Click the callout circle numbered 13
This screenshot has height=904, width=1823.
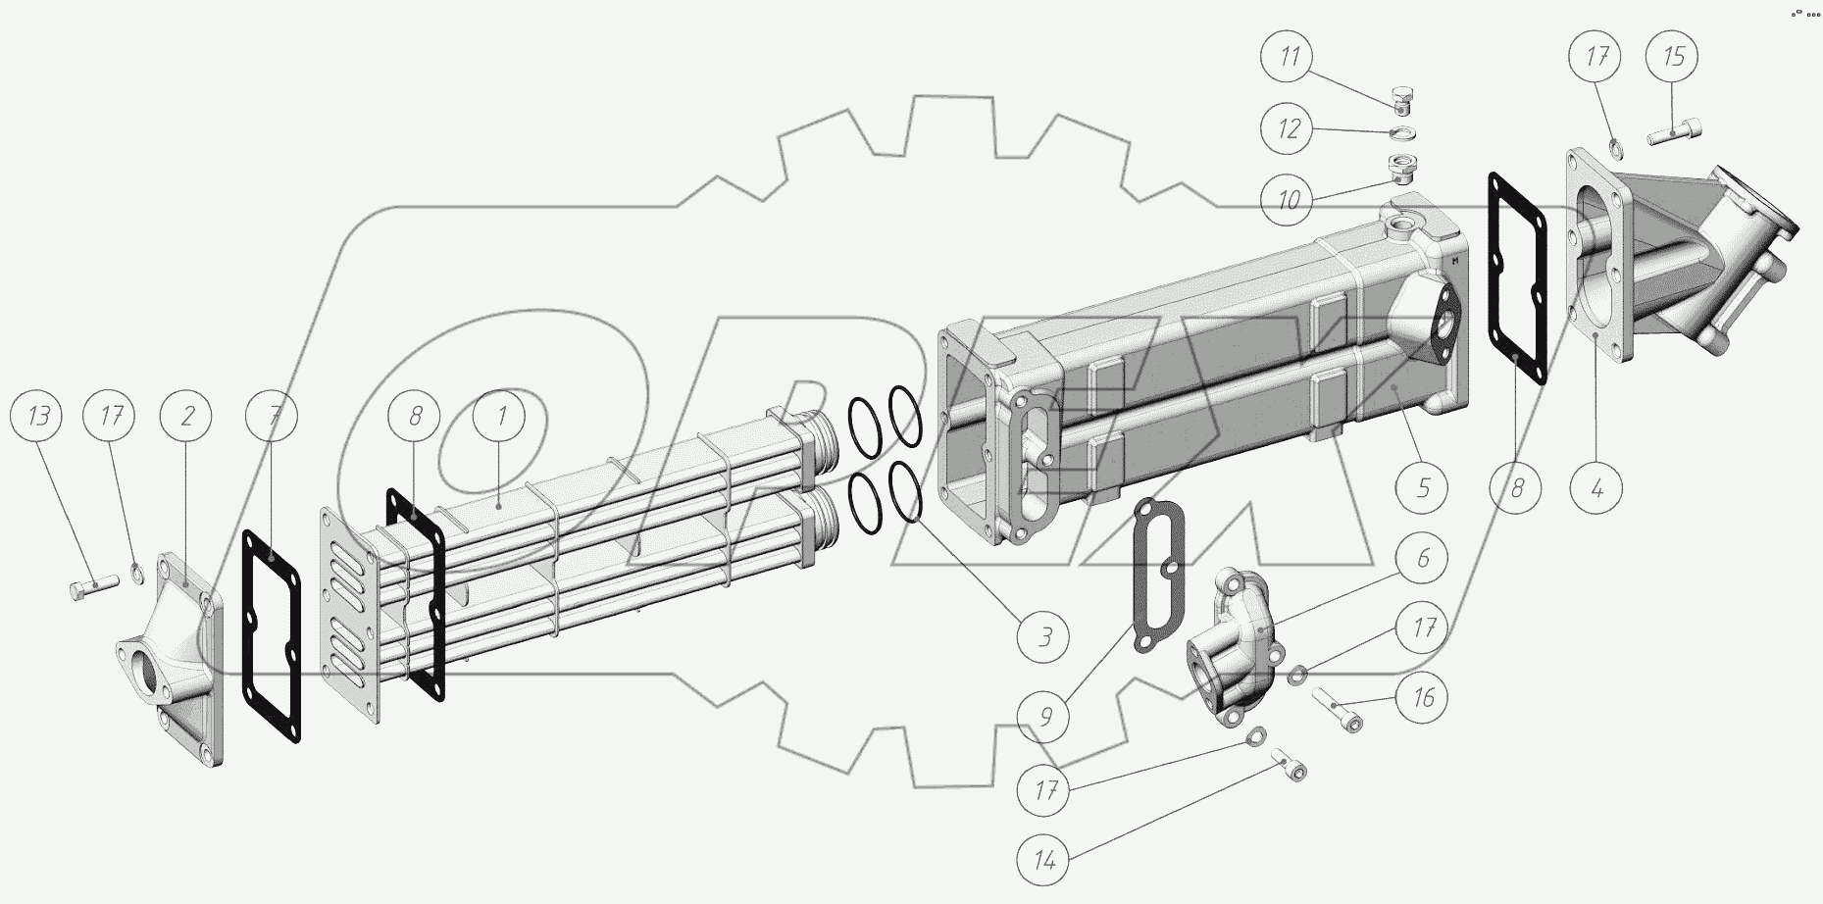pyautogui.click(x=38, y=417)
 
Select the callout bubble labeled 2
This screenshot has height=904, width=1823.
pyautogui.click(x=188, y=417)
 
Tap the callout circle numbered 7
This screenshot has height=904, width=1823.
pyautogui.click(x=275, y=417)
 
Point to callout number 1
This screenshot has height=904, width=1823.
pyautogui.click(x=501, y=417)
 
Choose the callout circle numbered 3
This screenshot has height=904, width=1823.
pyautogui.click(x=1045, y=637)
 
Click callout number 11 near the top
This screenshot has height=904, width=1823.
pyautogui.click(x=1290, y=57)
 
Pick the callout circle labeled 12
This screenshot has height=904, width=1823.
pyautogui.click(x=1290, y=129)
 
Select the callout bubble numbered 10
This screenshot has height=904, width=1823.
pyautogui.click(x=1290, y=201)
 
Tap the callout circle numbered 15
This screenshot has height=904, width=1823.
pyautogui.click(x=1674, y=57)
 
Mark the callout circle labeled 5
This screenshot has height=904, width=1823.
pyautogui.click(x=1423, y=486)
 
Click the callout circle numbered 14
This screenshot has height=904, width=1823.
pyautogui.click(x=1045, y=861)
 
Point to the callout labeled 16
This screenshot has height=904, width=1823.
pyautogui.click(x=1423, y=698)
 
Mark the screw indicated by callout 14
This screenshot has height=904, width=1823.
pyautogui.click(x=1291, y=766)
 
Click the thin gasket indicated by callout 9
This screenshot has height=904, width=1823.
pyautogui.click(x=1157, y=574)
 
